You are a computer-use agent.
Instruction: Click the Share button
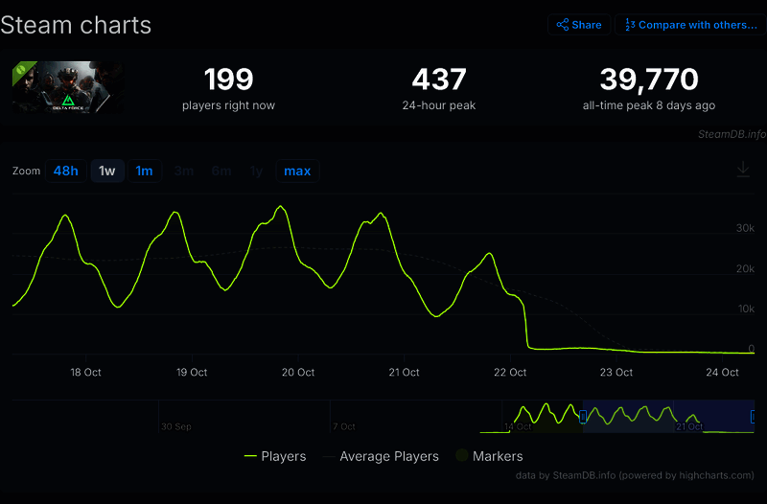tap(579, 25)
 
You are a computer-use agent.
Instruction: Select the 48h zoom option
tap(66, 172)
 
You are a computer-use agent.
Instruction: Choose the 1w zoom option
tap(107, 172)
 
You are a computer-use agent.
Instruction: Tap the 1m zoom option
tap(144, 172)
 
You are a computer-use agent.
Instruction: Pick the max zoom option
tap(297, 172)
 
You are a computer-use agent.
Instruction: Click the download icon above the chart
tap(743, 170)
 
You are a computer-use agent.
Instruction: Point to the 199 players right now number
tap(228, 80)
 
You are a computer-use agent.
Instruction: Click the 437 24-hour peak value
tap(439, 80)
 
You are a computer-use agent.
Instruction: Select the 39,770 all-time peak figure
tap(649, 80)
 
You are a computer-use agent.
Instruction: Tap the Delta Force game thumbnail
tap(67, 88)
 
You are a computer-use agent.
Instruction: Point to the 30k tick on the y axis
tap(745, 228)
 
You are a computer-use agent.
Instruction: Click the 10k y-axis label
tap(745, 309)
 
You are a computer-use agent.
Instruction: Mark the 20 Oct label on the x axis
tap(298, 373)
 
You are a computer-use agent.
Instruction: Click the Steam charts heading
tap(76, 25)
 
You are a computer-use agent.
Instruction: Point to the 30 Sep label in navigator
tap(177, 426)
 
